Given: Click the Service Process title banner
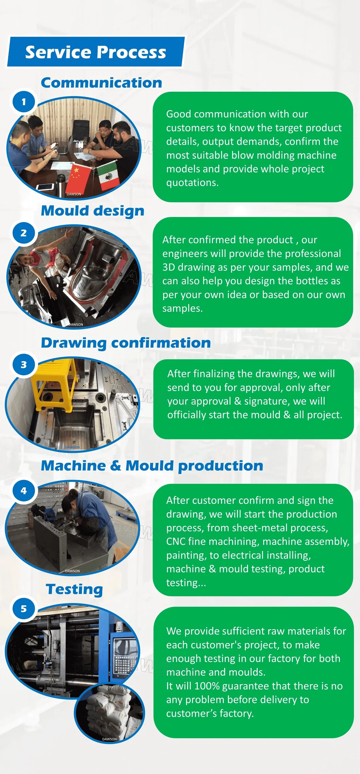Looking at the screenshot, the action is click(96, 52).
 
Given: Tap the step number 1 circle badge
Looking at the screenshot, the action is click(24, 102).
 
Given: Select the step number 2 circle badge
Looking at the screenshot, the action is click(24, 233).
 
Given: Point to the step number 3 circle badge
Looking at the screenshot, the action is click(24, 365).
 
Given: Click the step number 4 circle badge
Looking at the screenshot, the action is click(24, 491).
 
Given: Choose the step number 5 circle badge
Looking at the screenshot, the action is click(24, 609).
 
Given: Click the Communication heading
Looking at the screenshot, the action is click(102, 83).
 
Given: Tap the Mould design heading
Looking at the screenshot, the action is click(93, 211).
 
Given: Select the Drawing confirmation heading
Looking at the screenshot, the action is click(126, 343).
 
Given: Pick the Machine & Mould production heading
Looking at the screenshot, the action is click(152, 466).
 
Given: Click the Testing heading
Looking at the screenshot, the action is click(74, 590).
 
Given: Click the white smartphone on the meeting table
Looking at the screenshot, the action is click(45, 187).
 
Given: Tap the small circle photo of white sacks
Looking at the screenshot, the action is click(109, 713).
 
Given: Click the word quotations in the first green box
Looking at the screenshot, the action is click(192, 183).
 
